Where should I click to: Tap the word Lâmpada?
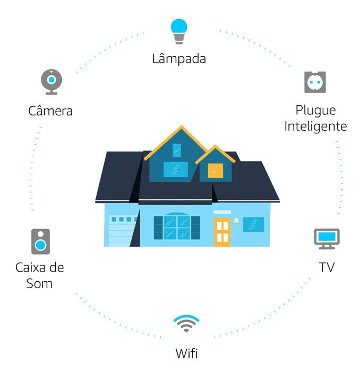tap(179, 58)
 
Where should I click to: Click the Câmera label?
tap(50, 111)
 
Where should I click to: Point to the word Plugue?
tap(315, 111)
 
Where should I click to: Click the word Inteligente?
tap(315, 127)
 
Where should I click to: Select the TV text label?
tap(327, 267)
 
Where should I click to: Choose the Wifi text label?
tap(187, 352)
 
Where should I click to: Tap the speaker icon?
tap(40, 241)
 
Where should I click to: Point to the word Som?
tap(40, 283)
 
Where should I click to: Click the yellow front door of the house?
tap(222, 231)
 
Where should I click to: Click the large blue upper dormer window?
tap(175, 169)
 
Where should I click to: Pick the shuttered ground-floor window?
tap(176, 227)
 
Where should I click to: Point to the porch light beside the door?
tap(236, 220)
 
